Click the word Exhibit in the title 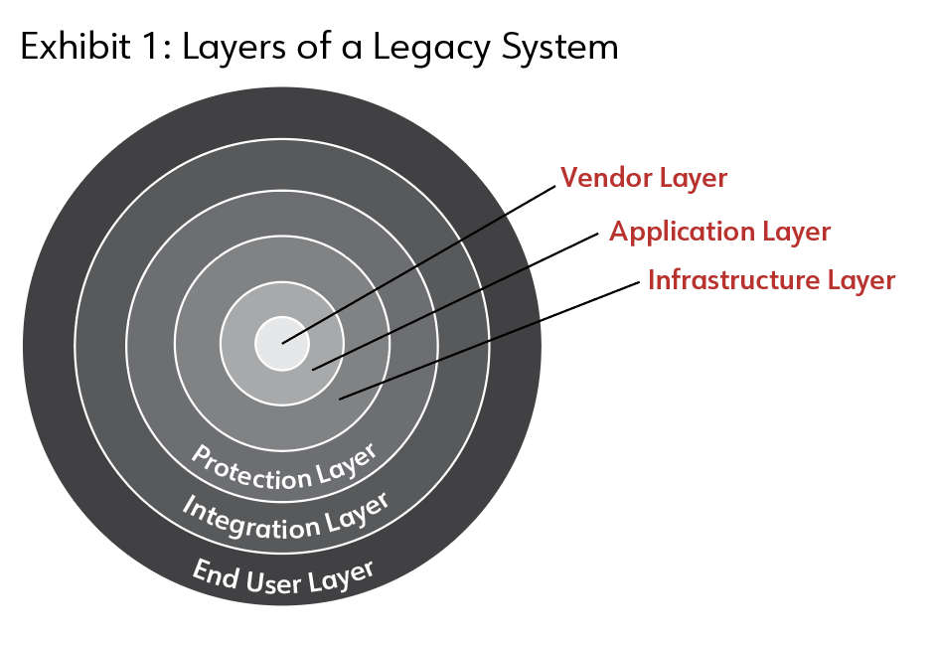[x=76, y=47]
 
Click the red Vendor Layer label [x=644, y=178]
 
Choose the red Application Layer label [x=720, y=232]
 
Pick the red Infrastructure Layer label [x=771, y=280]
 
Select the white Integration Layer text [x=285, y=517]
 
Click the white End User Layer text [x=283, y=577]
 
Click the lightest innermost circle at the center [x=282, y=343]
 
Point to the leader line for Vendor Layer [x=419, y=264]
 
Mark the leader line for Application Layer [x=455, y=301]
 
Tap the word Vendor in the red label [x=599, y=178]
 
